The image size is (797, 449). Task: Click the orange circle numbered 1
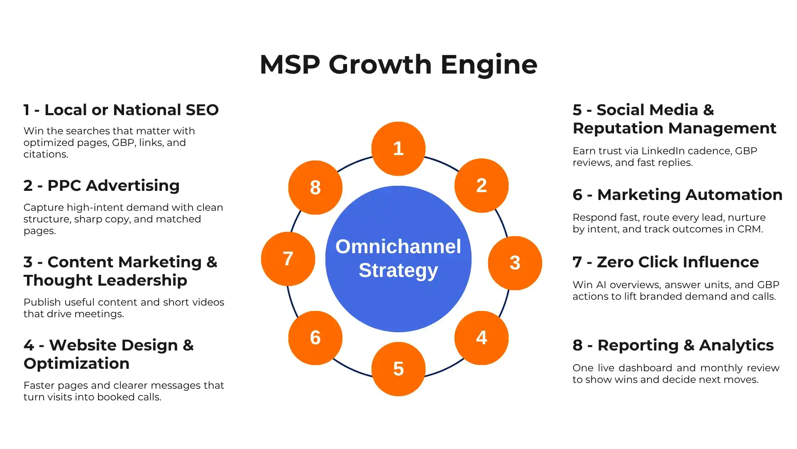click(398, 148)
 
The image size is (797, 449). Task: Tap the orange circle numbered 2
click(481, 185)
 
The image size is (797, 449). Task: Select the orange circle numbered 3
click(515, 263)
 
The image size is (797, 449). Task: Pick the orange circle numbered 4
click(481, 338)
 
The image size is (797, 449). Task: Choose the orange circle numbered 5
click(398, 369)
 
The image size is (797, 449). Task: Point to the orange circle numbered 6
click(315, 338)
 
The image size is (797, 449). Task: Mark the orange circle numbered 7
click(288, 259)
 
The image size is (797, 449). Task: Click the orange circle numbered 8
click(315, 187)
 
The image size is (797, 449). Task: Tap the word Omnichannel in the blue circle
click(398, 247)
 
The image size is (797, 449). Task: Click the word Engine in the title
click(489, 65)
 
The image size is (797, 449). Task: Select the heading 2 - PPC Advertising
click(101, 185)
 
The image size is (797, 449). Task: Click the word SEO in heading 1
click(202, 110)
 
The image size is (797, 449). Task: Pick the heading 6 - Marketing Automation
click(677, 195)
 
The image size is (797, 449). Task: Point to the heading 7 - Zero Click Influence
click(665, 262)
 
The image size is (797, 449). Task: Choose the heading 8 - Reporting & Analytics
click(673, 345)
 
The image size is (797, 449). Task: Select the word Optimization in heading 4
click(76, 364)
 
